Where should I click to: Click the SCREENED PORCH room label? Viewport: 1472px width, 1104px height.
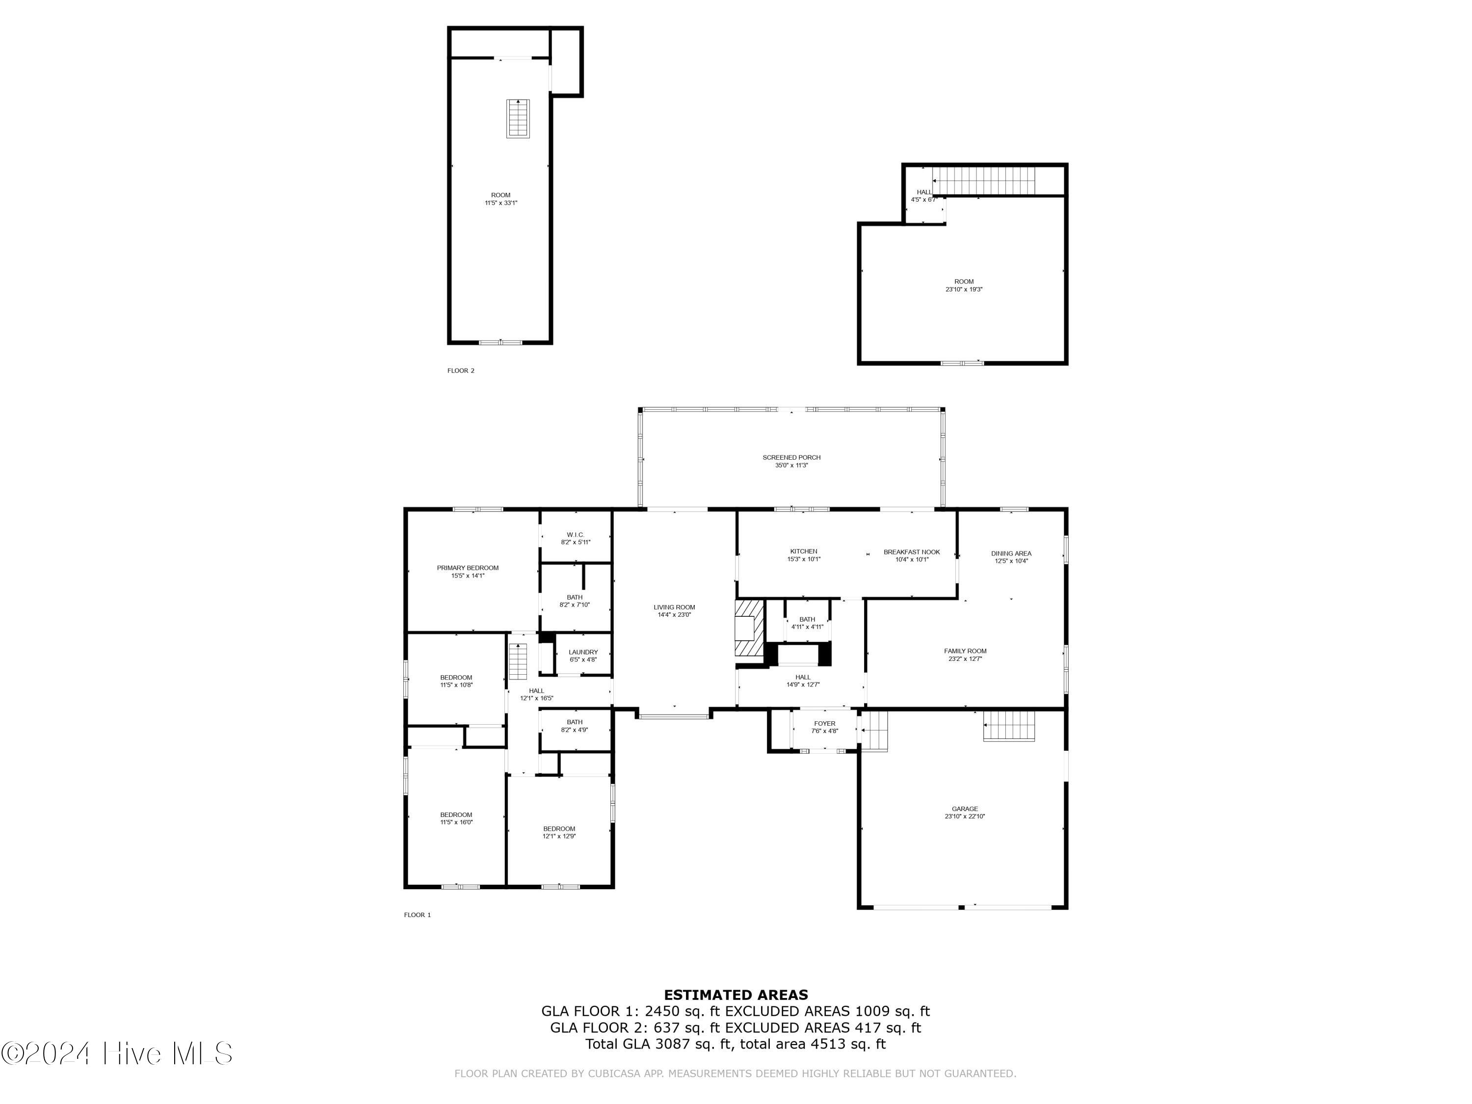(x=791, y=458)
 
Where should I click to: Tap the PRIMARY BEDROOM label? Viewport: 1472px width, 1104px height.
(x=467, y=568)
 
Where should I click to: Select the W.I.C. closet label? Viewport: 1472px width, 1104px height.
(x=575, y=535)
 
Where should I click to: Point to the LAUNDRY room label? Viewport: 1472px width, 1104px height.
(x=583, y=653)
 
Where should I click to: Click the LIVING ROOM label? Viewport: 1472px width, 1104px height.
(x=674, y=607)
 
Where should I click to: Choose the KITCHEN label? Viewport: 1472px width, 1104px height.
(x=803, y=552)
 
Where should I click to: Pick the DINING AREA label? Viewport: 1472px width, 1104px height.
(x=1011, y=553)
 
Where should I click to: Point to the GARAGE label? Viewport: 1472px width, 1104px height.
(x=964, y=809)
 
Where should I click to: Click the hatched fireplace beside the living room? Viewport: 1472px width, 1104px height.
(x=749, y=629)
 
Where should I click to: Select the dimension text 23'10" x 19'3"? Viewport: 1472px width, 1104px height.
(x=964, y=290)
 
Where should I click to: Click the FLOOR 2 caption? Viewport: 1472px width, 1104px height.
(x=461, y=370)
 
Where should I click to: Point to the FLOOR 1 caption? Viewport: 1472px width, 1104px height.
(x=417, y=915)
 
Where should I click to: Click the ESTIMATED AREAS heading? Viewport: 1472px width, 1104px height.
(x=736, y=995)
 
